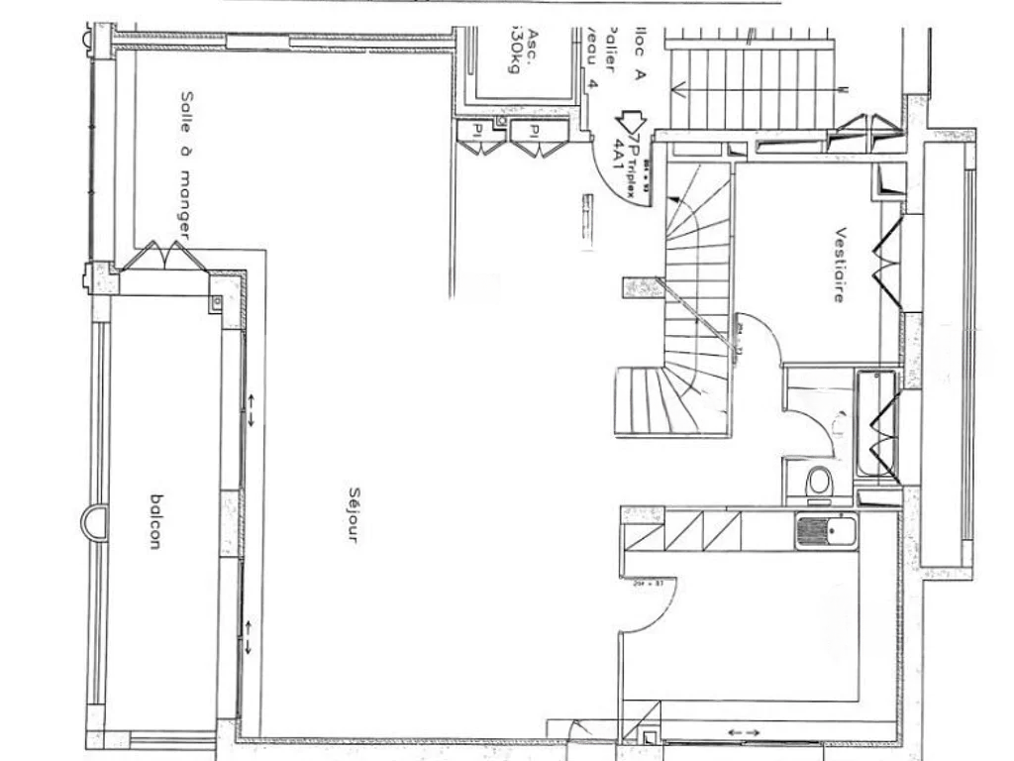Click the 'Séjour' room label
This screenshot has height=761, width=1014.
tap(354, 514)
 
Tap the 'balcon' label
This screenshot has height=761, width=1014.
tap(154, 521)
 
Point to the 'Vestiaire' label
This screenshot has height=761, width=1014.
tap(840, 265)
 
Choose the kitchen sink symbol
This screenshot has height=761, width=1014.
tap(828, 532)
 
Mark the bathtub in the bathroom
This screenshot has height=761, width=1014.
tap(876, 423)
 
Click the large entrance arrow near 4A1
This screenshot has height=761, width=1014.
tap(628, 124)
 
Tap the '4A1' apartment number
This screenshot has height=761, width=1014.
tap(620, 157)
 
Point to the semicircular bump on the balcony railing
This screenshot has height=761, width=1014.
tap(92, 522)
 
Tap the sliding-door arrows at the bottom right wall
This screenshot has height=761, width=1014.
tap(744, 732)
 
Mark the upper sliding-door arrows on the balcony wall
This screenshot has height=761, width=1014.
tap(251, 409)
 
